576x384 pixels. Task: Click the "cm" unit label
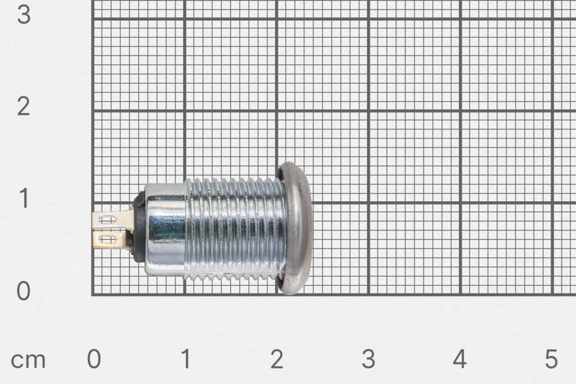point(28,360)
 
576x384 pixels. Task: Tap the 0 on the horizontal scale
point(93,359)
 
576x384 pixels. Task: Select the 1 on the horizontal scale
point(186,359)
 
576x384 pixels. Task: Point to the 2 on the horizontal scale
point(276,359)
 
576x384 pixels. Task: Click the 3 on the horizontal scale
point(368,359)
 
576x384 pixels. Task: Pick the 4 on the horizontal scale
point(460,359)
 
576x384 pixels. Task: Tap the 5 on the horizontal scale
point(551,359)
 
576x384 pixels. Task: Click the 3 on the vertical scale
point(23,15)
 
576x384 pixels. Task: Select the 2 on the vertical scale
point(23,106)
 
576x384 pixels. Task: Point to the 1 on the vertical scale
point(23,199)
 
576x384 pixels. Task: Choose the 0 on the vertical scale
point(23,291)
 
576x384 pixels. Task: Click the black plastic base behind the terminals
point(138,228)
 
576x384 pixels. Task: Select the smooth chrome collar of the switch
point(164,229)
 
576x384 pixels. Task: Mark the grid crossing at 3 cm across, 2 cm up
point(368,111)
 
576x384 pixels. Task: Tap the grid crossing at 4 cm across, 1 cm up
point(460,203)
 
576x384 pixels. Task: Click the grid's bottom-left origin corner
point(93,295)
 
